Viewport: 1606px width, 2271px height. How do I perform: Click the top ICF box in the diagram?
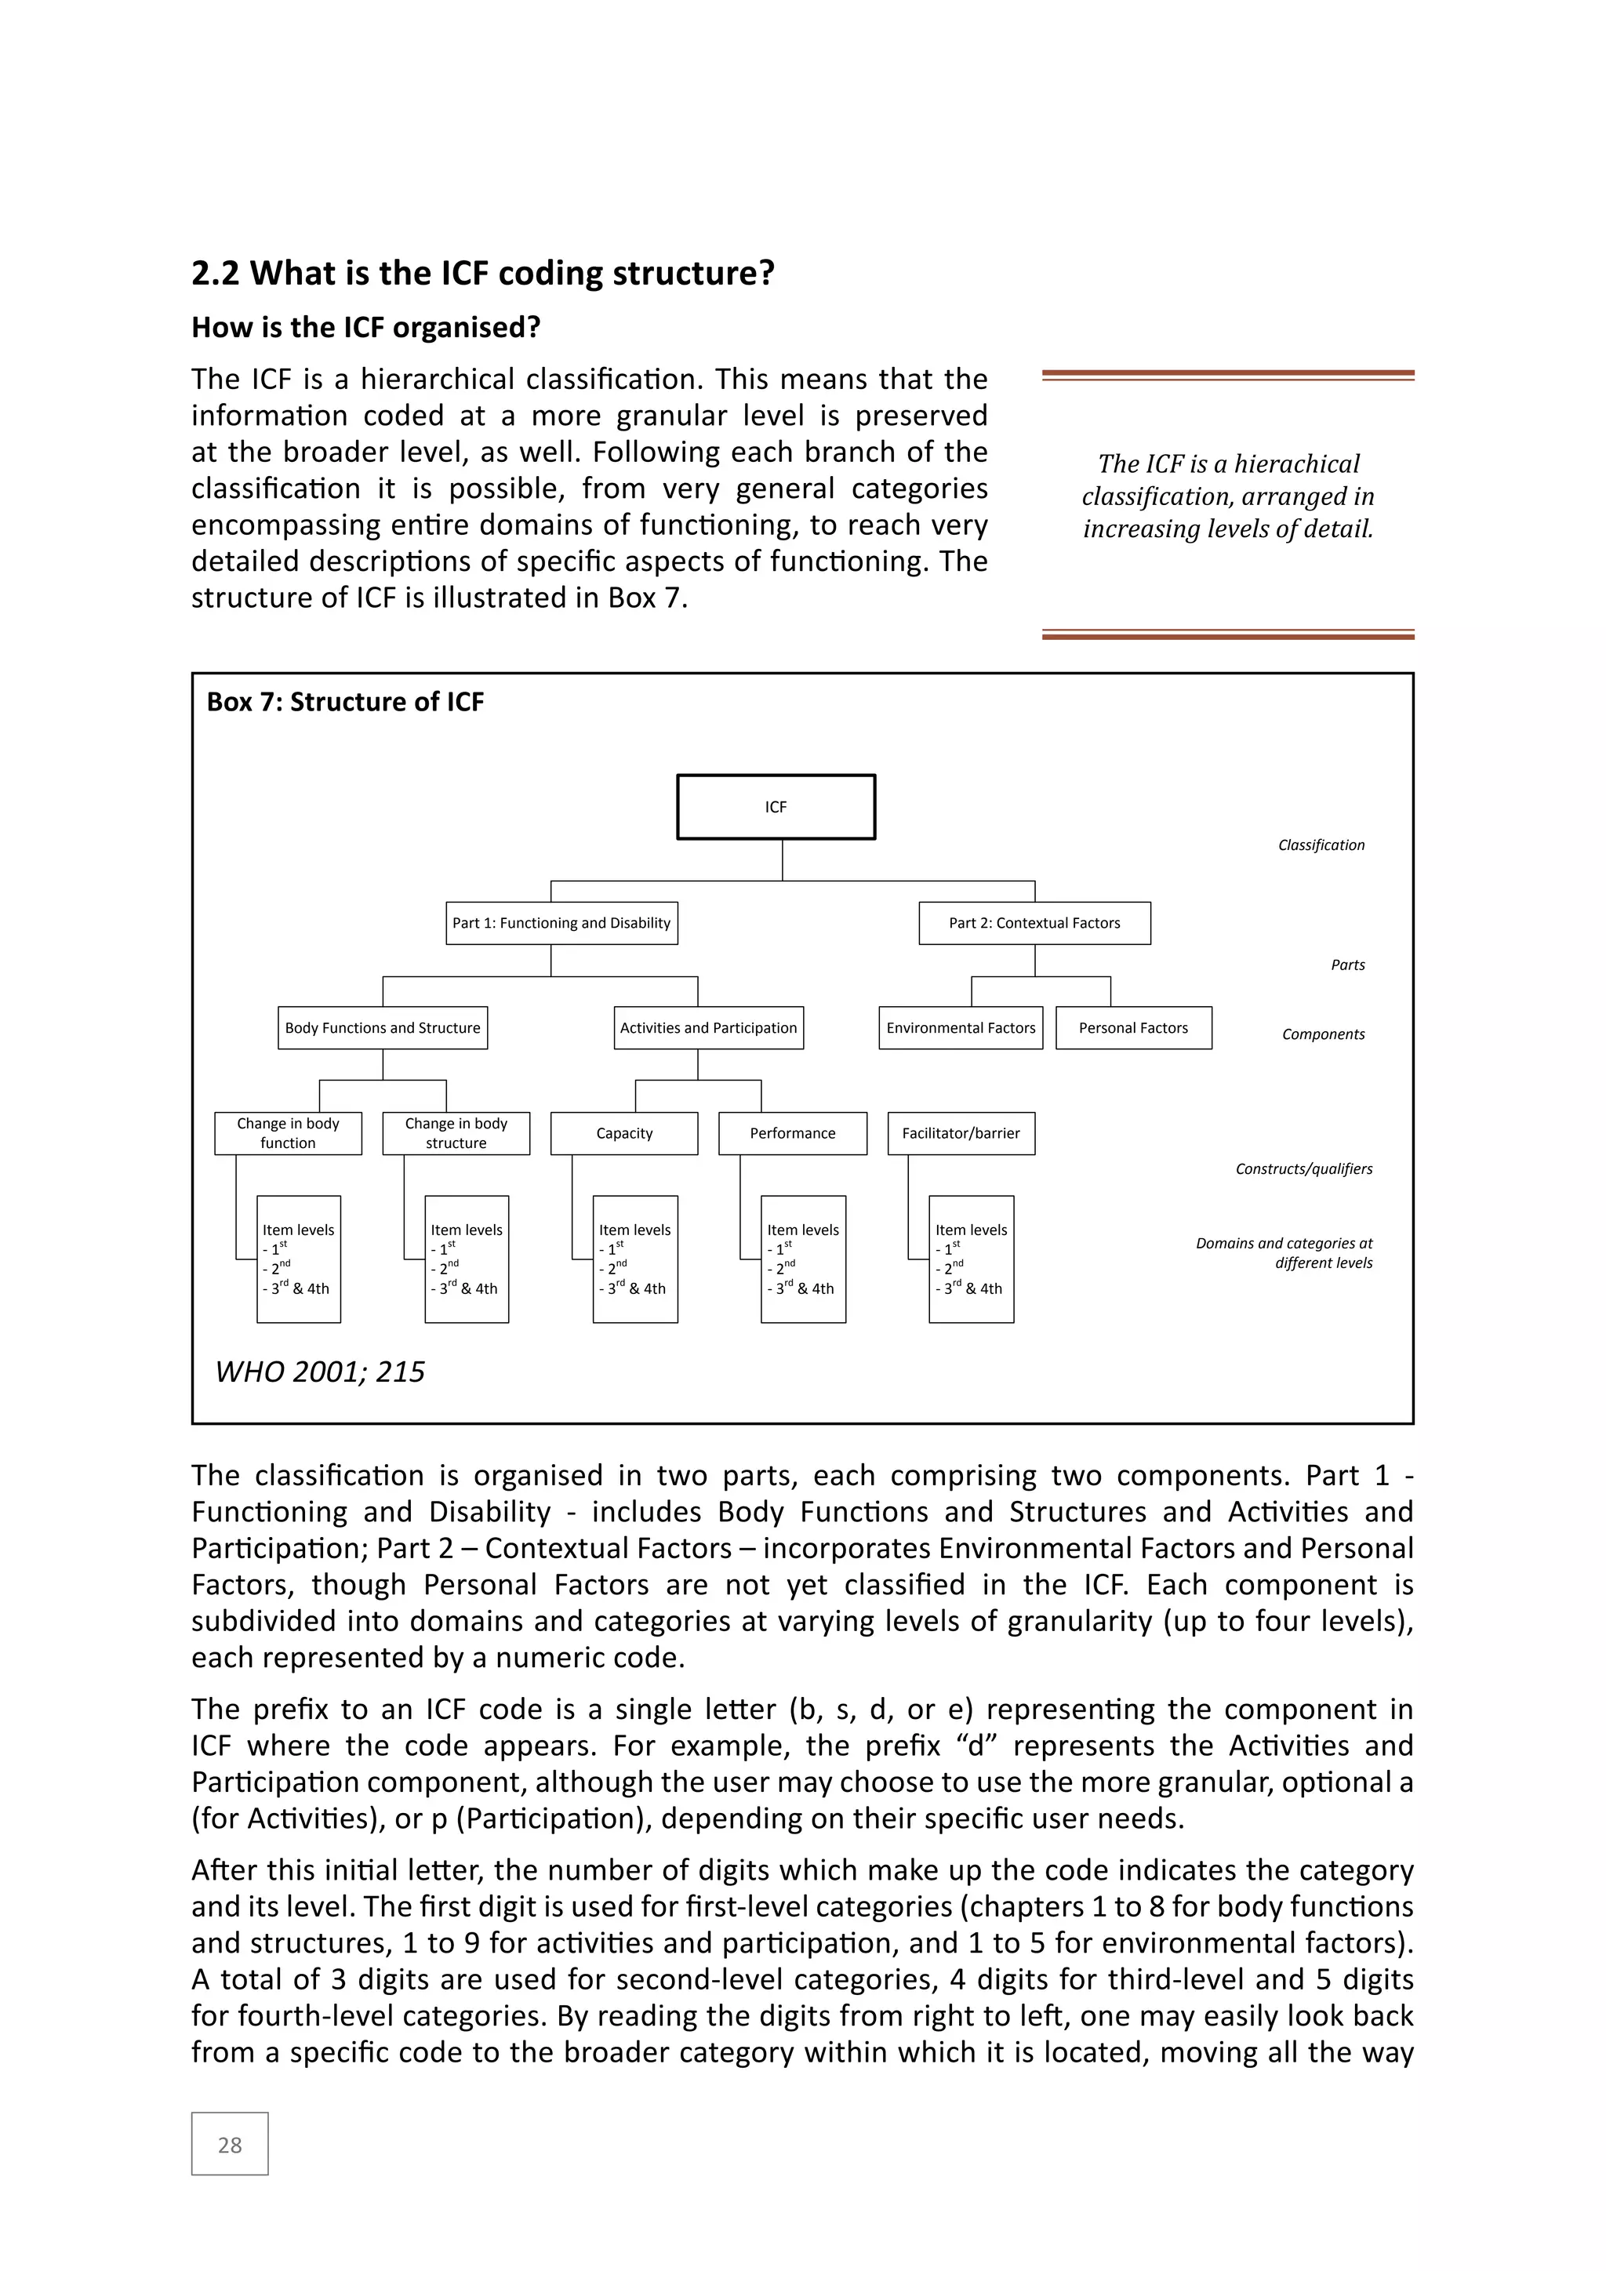[776, 807]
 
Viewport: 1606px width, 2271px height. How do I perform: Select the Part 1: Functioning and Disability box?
[561, 923]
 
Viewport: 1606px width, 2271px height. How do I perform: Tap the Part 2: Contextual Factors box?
[1034, 923]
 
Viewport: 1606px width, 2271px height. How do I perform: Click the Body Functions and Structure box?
[383, 1028]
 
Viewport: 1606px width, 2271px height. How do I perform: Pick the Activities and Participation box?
[708, 1028]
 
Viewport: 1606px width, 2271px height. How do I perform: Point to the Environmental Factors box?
[961, 1028]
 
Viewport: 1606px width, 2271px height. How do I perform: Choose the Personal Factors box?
[1133, 1028]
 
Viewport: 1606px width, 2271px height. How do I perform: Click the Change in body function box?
[288, 1133]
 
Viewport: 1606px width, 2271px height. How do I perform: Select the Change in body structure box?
[456, 1133]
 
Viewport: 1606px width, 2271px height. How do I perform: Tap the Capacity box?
[624, 1133]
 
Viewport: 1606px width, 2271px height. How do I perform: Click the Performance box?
[792, 1133]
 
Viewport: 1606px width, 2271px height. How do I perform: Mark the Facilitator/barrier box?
[961, 1133]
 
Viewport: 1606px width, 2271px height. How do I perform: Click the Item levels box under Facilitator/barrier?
[971, 1259]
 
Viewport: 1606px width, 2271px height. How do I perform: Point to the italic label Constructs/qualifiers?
[1303, 1169]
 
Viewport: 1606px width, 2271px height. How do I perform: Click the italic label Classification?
[1321, 845]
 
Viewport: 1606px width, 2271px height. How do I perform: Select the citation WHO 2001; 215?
[319, 1372]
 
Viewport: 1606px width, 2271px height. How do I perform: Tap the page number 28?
[230, 2146]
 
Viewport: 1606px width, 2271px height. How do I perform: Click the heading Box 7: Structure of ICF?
[345, 703]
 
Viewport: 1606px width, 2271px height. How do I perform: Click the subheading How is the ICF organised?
[366, 327]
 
